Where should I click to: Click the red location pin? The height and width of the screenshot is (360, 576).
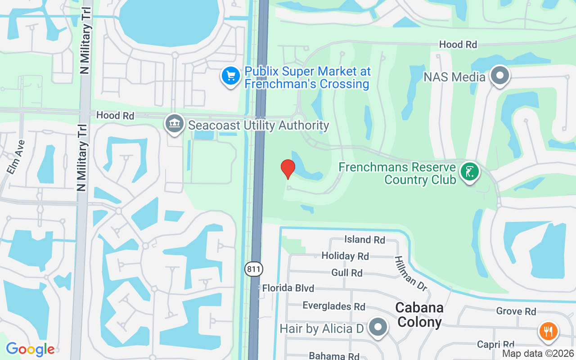(x=288, y=168)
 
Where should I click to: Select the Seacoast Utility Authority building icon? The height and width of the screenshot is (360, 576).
(x=174, y=124)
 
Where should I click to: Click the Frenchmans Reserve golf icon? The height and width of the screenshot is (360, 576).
(x=469, y=172)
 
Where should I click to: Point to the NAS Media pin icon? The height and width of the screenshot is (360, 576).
(x=499, y=76)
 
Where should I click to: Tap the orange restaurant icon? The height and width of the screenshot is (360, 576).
(x=548, y=332)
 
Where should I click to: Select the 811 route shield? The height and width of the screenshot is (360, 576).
(x=254, y=269)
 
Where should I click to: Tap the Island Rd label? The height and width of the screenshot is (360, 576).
(x=364, y=239)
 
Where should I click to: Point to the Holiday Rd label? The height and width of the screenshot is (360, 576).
(x=345, y=256)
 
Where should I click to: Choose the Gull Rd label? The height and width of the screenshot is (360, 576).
(x=347, y=273)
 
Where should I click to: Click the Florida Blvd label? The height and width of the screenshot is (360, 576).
(x=288, y=288)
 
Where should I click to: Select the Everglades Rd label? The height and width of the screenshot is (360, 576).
(x=334, y=306)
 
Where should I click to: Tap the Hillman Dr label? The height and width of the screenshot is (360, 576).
(x=410, y=273)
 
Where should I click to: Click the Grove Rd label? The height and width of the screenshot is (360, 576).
(x=516, y=311)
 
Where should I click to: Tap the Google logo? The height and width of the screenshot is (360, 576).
(x=30, y=349)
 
